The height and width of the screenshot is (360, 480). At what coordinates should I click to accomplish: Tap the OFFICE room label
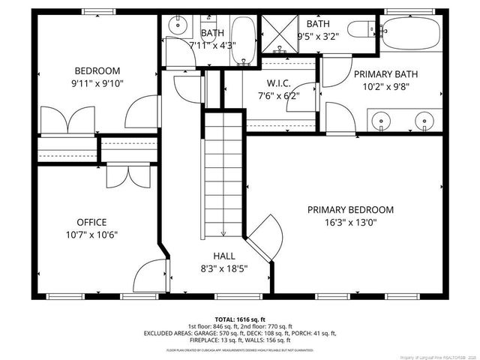pyautogui.click(x=91, y=222)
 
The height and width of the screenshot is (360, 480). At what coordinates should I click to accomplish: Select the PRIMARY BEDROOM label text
pyautogui.click(x=350, y=210)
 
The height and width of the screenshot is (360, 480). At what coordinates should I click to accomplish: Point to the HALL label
pyautogui.click(x=224, y=256)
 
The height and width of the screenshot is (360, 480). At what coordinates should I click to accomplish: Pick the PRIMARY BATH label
pyautogui.click(x=386, y=73)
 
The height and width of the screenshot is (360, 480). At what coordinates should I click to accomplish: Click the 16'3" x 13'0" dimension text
pyautogui.click(x=350, y=223)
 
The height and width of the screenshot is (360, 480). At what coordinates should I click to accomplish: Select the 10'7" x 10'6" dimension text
pyautogui.click(x=91, y=234)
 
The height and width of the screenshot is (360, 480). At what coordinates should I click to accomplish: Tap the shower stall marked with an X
pyautogui.click(x=279, y=32)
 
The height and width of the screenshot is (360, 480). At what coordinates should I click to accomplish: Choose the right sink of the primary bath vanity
pyautogui.click(x=426, y=121)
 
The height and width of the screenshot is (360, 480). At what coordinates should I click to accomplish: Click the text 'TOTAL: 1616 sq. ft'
pyautogui.click(x=240, y=318)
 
